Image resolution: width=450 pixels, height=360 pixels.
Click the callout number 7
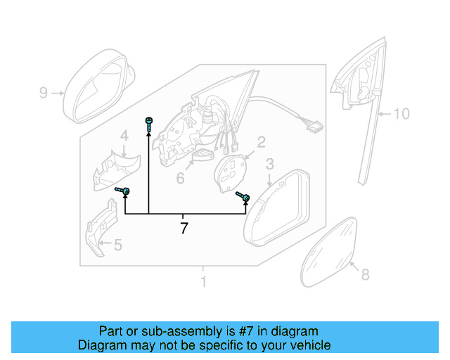(x=184, y=229)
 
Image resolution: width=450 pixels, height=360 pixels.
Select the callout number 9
(x=43, y=92)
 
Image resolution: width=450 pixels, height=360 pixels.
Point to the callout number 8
(x=365, y=275)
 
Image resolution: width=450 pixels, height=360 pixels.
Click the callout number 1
(x=203, y=282)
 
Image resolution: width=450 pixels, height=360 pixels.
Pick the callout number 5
(x=117, y=245)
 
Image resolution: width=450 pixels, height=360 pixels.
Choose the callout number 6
(x=180, y=179)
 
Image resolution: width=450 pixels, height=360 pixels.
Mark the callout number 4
(x=124, y=136)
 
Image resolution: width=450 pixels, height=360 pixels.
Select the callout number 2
(x=261, y=143)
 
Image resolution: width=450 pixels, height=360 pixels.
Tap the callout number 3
(x=269, y=165)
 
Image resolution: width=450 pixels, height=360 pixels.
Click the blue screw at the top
(x=149, y=123)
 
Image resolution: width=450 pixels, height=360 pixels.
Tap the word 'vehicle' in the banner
(x=308, y=345)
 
